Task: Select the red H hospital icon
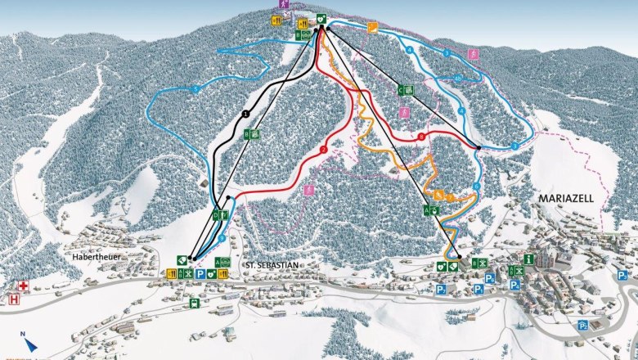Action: (x=14, y=300)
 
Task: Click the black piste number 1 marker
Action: (x=245, y=114)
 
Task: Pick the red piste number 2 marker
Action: (x=324, y=150)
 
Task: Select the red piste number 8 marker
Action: (x=421, y=137)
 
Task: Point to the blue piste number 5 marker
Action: (x=195, y=88)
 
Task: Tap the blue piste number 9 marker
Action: (x=222, y=237)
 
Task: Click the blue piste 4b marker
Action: (x=457, y=79)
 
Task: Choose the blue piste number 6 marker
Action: (x=475, y=187)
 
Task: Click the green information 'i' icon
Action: (x=529, y=259)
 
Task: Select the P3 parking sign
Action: (x=622, y=276)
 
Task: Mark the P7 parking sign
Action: (x=582, y=325)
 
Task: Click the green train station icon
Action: (x=194, y=303)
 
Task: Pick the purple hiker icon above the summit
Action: (x=284, y=4)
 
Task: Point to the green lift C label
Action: (x=402, y=89)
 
